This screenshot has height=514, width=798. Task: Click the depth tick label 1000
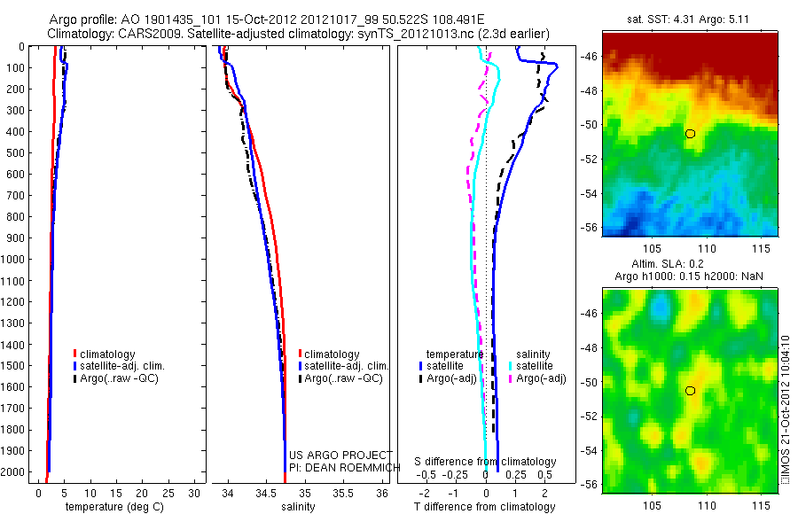click(15, 260)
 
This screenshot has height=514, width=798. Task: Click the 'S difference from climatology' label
click(486, 462)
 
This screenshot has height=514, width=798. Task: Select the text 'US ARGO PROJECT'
click(340, 455)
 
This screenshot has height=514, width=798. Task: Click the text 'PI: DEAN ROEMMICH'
click(340, 467)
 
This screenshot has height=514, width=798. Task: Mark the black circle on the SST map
click(690, 134)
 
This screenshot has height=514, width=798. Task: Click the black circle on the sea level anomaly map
click(690, 391)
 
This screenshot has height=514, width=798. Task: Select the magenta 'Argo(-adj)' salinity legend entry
click(541, 378)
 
